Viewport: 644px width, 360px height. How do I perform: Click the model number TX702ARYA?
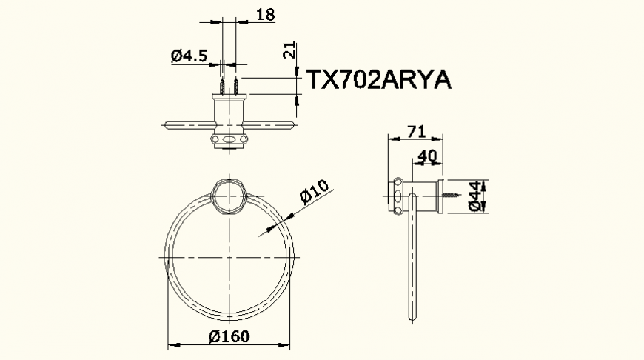coord(379,80)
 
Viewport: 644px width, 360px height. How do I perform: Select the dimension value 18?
coord(264,13)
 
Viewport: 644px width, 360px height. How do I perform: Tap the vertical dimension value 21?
coord(290,51)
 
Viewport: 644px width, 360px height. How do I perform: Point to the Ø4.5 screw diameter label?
coord(188,56)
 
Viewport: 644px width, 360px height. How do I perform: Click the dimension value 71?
coord(417,132)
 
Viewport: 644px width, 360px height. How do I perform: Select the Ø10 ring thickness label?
coord(314,192)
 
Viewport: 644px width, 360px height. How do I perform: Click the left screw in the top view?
coord(222,84)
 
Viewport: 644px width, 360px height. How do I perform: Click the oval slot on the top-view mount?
coord(229,139)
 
